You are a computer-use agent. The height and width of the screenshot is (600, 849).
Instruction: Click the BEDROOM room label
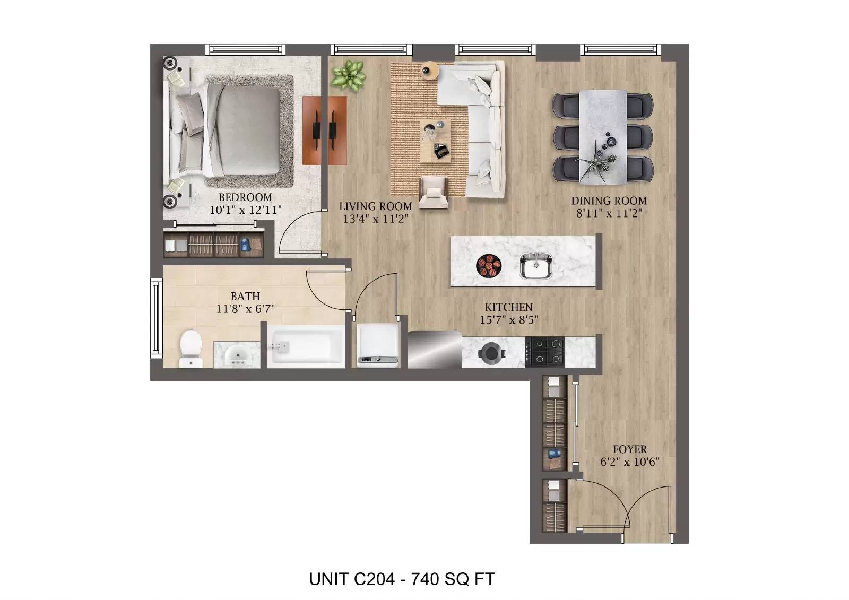point(245,197)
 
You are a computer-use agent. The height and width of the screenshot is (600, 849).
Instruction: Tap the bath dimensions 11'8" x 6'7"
point(245,309)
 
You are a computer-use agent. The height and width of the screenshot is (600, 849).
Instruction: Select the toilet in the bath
point(190,347)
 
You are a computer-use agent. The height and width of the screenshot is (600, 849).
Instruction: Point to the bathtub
point(306,347)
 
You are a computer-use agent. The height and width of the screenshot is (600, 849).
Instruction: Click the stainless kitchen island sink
point(535,266)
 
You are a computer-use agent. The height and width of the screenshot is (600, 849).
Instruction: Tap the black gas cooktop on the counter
point(544,351)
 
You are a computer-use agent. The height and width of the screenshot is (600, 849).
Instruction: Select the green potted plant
point(348,75)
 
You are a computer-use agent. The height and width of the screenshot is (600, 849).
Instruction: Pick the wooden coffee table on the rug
point(436,141)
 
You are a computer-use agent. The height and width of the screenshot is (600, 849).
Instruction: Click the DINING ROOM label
point(609,201)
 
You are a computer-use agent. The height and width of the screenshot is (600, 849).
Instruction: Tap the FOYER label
point(629,449)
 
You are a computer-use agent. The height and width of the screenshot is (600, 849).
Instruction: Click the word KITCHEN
point(508,307)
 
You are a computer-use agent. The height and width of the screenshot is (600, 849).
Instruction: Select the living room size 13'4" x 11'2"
point(375,219)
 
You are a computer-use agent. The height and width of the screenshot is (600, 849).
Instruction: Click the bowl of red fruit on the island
point(489,265)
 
